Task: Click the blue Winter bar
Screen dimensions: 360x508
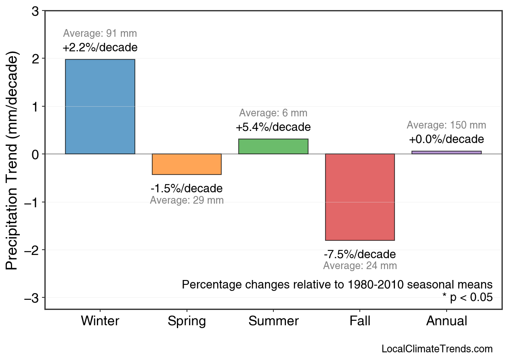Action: [100, 107]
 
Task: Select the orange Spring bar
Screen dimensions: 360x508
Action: [187, 164]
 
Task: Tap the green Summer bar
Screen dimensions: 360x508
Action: [273, 146]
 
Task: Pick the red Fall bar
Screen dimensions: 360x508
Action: [360, 197]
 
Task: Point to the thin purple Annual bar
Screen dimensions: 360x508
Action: [447, 152]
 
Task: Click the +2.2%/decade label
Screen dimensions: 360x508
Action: [100, 48]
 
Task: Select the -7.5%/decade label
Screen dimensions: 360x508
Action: [360, 255]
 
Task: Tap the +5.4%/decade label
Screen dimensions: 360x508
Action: [273, 127]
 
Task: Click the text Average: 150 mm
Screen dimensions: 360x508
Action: [446, 125]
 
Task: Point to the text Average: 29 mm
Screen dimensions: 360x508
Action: [187, 200]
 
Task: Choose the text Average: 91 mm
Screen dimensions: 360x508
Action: [100, 34]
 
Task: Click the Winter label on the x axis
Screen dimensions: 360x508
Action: [100, 321]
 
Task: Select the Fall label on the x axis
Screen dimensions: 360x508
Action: [360, 321]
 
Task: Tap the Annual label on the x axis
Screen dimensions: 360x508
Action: [447, 321]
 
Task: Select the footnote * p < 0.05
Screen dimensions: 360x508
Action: [467, 297]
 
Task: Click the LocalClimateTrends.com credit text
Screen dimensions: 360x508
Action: [437, 349]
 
